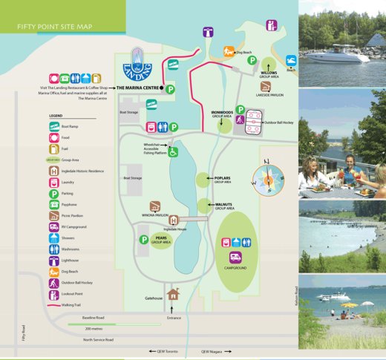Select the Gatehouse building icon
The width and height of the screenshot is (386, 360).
click(x=174, y=295)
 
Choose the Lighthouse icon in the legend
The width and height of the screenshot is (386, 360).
click(x=55, y=261)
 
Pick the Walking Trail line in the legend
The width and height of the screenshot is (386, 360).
click(x=55, y=304)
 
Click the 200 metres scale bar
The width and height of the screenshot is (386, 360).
click(x=114, y=324)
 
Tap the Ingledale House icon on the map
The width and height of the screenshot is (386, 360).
click(x=174, y=220)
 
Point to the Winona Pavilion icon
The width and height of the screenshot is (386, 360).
click(x=154, y=206)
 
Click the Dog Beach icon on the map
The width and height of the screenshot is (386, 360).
click(x=226, y=51)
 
